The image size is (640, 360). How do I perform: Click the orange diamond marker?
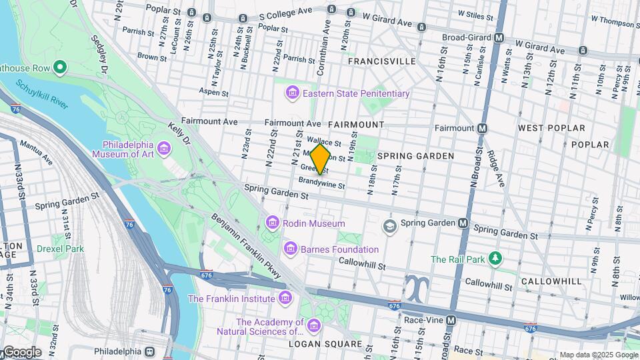[x=321, y=159]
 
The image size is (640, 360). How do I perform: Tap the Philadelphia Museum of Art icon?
[x=163, y=146]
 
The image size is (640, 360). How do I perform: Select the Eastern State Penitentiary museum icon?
[x=292, y=93]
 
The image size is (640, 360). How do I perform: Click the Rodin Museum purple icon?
[x=272, y=223]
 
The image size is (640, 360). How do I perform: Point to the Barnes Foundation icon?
[x=291, y=249]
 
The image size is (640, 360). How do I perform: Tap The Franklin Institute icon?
[x=285, y=298]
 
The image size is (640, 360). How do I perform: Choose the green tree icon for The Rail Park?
[x=494, y=258]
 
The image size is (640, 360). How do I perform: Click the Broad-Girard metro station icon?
[x=498, y=37]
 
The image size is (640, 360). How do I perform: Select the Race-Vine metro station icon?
[x=451, y=320]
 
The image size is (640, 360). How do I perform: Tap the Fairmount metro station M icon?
[x=482, y=127]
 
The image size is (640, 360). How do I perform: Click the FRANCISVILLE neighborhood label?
[x=382, y=61]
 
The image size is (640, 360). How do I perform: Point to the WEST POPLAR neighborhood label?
[x=551, y=127]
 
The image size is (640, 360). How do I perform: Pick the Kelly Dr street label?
[x=179, y=132]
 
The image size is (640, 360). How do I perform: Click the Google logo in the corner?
[x=21, y=351]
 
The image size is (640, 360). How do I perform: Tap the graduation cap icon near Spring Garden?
[x=389, y=227]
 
